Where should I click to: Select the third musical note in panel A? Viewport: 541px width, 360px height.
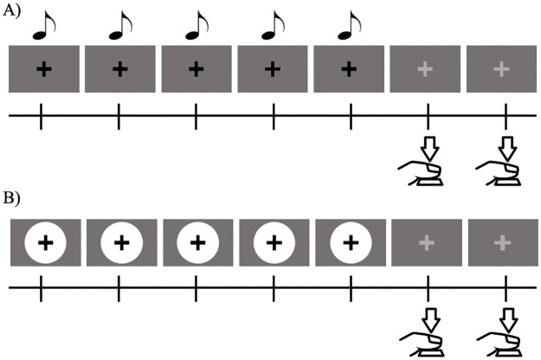coord(198,26)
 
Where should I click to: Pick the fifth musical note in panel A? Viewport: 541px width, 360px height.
coord(351,26)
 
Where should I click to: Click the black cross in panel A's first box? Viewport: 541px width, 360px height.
coord(43,68)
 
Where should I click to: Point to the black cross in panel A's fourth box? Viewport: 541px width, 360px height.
coord(273,68)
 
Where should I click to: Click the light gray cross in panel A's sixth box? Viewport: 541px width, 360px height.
coord(428,68)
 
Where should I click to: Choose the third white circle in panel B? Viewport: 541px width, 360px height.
coord(197,244)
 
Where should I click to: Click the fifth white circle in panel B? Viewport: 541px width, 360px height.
coord(351,244)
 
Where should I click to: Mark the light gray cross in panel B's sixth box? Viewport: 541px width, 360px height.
coord(428,244)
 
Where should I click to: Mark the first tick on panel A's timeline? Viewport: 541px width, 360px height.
coord(42,116)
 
